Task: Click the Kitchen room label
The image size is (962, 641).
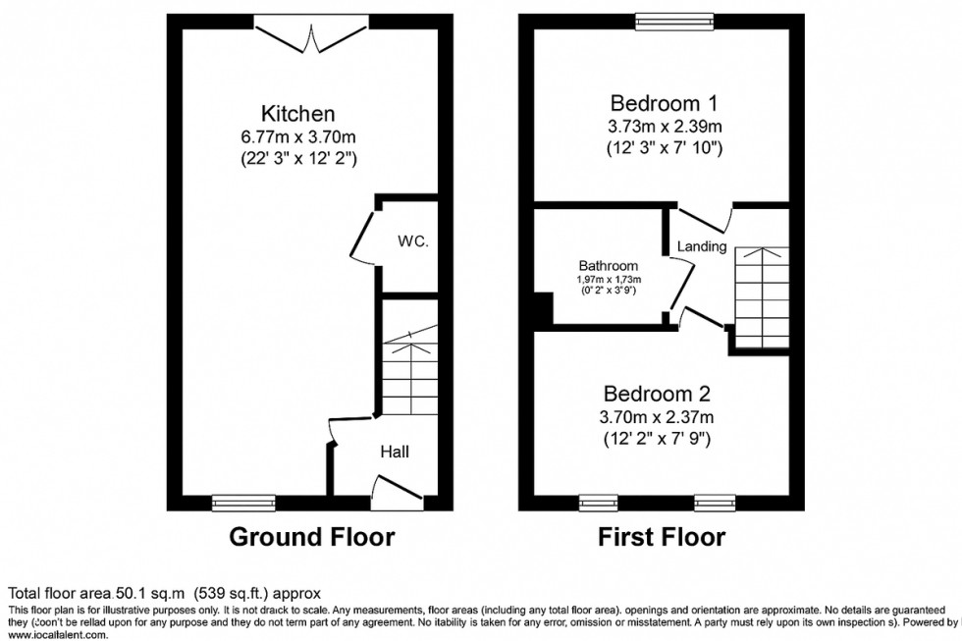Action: [297, 114]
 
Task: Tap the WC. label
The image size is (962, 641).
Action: [412, 241]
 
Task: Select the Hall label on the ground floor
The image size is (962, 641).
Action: [395, 452]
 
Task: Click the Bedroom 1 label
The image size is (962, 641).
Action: [665, 103]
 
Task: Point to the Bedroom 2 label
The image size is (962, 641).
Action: [656, 394]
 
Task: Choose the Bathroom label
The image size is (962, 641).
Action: [608, 266]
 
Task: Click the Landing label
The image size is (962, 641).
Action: [702, 247]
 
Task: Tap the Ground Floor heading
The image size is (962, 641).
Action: [311, 537]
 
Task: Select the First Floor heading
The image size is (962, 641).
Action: [662, 537]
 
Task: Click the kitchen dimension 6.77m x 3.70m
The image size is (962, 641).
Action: [297, 136]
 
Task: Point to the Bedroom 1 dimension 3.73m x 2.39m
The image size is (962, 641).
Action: [665, 126]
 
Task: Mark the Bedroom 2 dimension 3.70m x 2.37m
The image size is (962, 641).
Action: [656, 416]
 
